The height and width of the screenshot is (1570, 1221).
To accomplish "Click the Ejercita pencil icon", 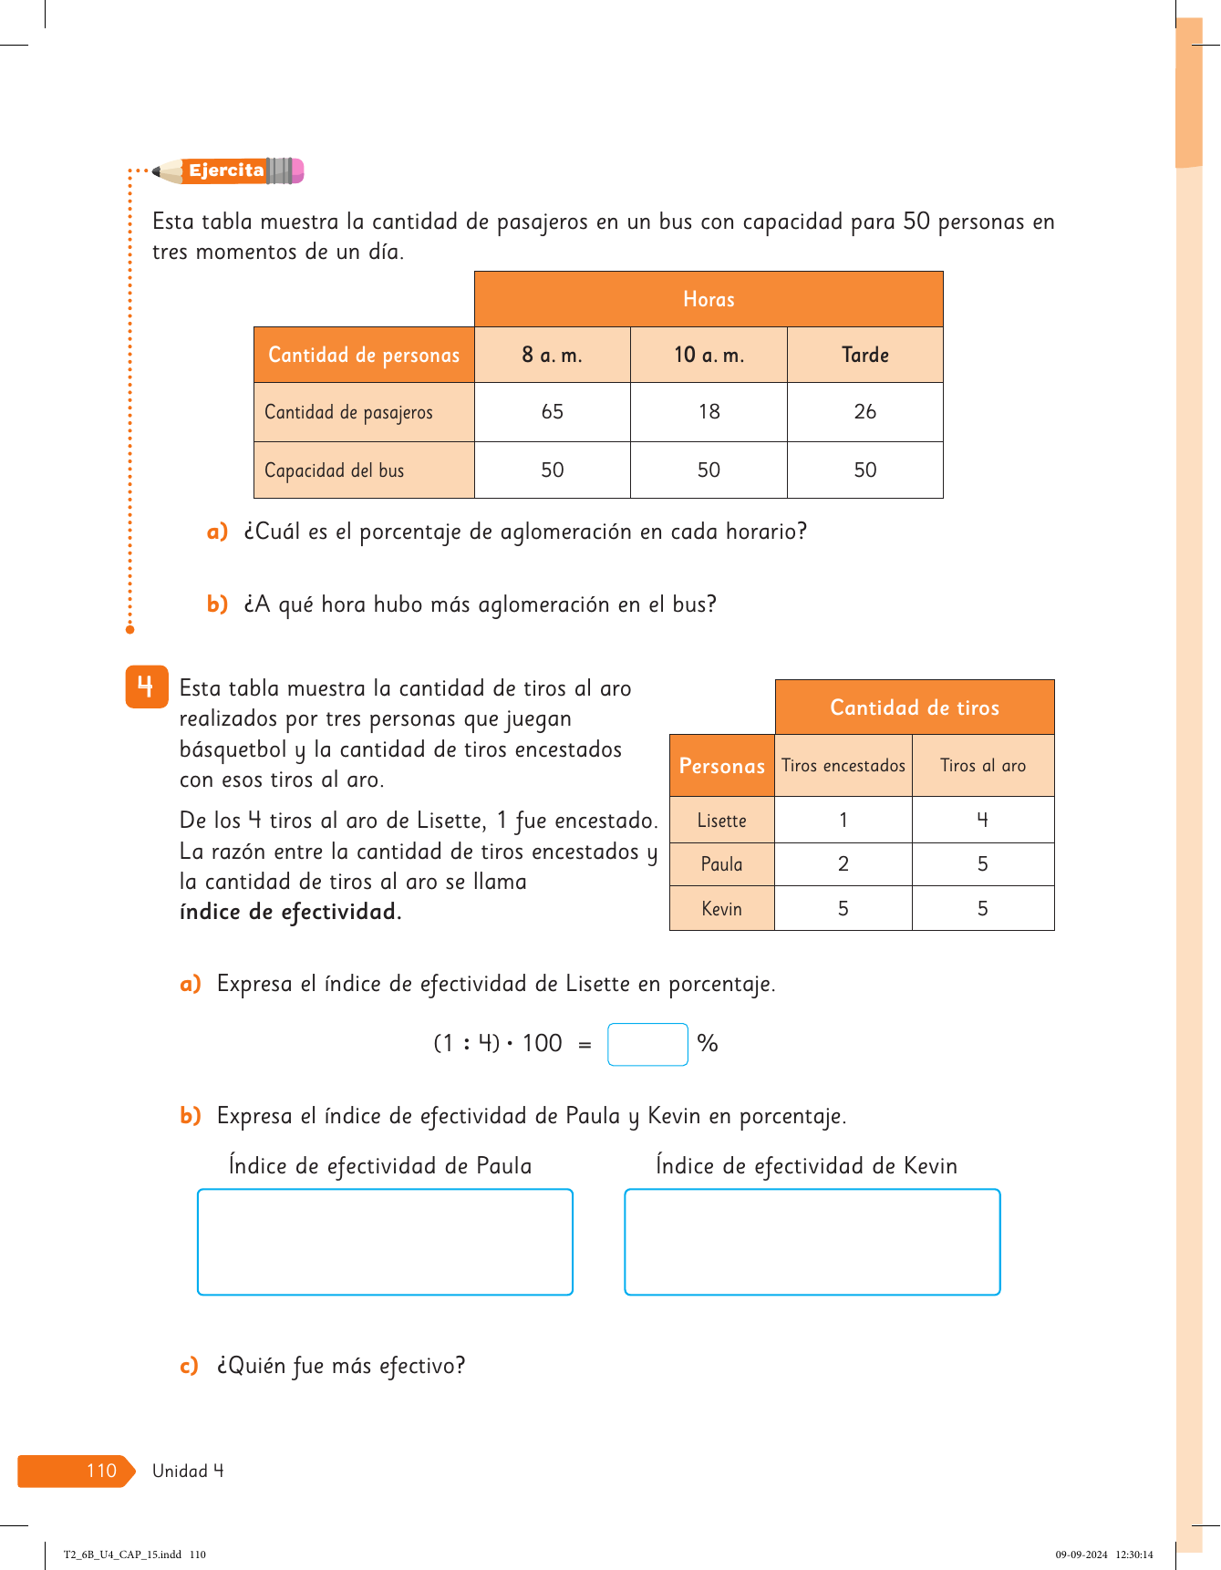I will [x=228, y=170].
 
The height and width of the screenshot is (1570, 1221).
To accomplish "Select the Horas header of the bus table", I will [x=709, y=299].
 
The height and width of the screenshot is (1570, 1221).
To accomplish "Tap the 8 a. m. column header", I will [x=552, y=355].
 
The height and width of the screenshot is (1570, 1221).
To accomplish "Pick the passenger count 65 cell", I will [x=552, y=412].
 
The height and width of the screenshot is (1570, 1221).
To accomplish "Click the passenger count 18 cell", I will [x=709, y=412].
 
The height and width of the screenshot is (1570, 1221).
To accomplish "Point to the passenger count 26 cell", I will [x=864, y=412].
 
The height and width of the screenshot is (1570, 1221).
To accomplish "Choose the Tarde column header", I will [x=864, y=355].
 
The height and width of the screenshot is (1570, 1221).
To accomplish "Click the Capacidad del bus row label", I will [x=335, y=470].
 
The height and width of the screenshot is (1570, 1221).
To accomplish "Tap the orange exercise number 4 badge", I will [x=146, y=687].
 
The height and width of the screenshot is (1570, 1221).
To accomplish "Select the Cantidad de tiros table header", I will [x=915, y=708].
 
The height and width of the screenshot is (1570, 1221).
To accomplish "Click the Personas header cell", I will [x=721, y=766].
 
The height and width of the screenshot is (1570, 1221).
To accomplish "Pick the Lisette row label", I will [x=721, y=821].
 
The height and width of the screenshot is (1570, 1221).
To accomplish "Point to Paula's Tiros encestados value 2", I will [x=843, y=864].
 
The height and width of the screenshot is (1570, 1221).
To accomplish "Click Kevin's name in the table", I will [x=721, y=909].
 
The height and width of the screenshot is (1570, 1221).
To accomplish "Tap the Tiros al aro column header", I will [x=983, y=766].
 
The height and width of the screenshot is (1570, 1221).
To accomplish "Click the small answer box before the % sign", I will [x=647, y=1045].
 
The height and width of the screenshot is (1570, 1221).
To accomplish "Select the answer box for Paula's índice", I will [x=385, y=1242].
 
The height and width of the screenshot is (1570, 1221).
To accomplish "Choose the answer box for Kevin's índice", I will [x=812, y=1242].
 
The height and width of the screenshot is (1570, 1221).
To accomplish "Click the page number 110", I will [x=101, y=1471].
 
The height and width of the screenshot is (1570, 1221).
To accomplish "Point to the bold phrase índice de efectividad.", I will [x=290, y=912].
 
